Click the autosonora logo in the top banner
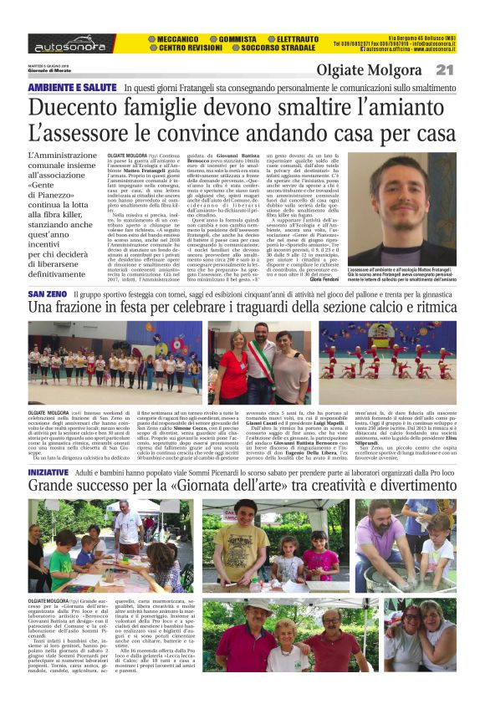(69, 43)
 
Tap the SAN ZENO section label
(47, 295)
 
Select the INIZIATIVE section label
(48, 473)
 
